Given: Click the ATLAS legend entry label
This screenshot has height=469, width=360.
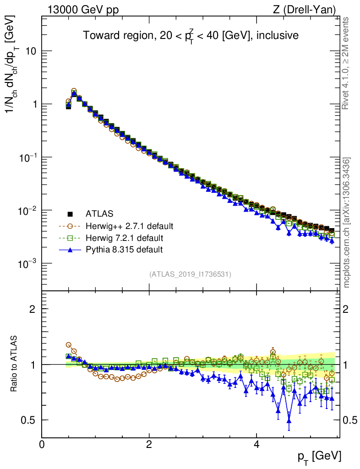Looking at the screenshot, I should coord(99,213).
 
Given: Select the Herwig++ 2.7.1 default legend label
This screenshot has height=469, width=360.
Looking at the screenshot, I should coord(129,226).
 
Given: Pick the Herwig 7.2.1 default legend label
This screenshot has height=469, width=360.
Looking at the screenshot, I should coord(125,238).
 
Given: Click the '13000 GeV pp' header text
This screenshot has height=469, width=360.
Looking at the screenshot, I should coord(83,9).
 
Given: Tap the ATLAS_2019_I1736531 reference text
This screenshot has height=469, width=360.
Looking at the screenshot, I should coord(190,274).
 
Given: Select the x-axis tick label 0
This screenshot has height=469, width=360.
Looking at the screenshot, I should coord(42,444).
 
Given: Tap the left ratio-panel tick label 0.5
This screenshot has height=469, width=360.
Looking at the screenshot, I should coord(30,420).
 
